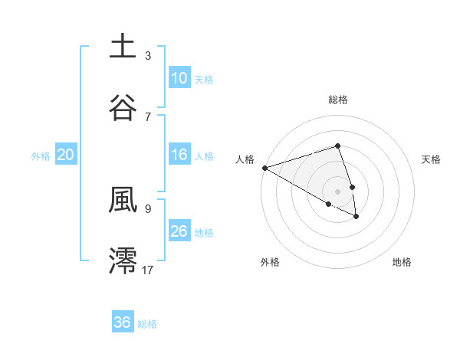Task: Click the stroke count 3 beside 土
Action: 148,56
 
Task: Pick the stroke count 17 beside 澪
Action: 148,269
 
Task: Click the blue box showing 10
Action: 179,77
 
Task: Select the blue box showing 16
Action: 179,155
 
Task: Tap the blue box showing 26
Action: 179,231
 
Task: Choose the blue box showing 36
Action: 123,322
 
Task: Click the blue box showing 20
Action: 65,155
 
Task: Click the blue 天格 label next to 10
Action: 204,79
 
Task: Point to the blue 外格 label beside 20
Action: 41,156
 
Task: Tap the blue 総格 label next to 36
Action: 147,324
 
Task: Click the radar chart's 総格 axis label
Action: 338,100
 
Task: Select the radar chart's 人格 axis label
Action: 245,159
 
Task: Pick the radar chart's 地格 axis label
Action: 402,263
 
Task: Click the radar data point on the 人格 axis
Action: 264,168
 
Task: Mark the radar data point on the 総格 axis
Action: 337,146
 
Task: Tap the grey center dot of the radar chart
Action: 337,191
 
